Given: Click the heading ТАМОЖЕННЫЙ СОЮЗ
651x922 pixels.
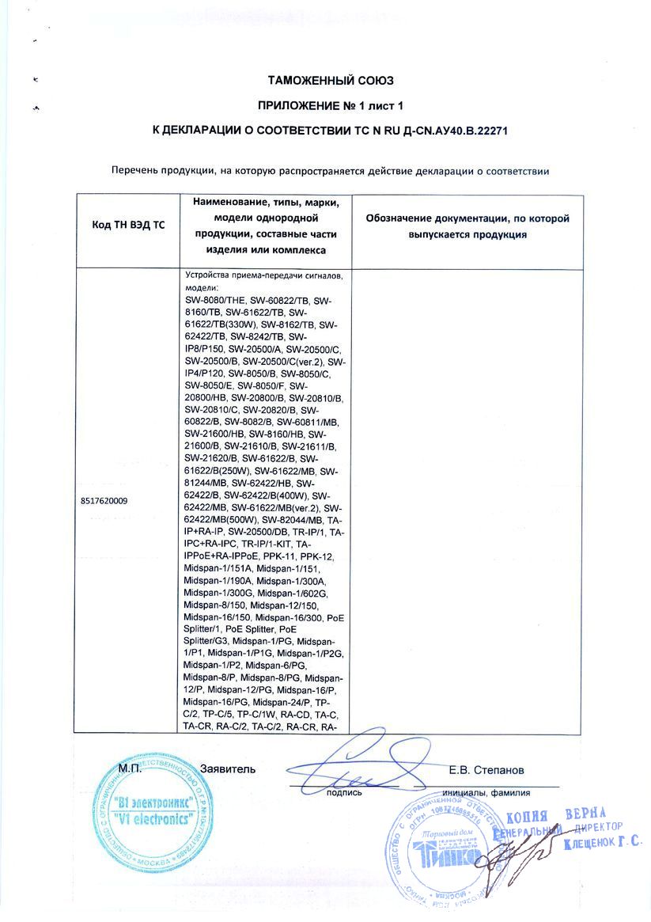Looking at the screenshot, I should (x=331, y=81).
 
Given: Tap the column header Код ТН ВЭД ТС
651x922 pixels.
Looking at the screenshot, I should (x=128, y=225).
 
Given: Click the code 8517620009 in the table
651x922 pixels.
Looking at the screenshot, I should (x=104, y=501).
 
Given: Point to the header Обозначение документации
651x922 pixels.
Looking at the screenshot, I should (x=467, y=218).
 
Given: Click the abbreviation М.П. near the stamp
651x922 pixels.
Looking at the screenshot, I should (x=131, y=769).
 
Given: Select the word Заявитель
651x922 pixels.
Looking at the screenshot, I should (x=229, y=769).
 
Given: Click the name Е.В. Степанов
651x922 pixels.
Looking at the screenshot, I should (x=485, y=769).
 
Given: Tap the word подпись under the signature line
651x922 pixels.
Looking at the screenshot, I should (x=344, y=791).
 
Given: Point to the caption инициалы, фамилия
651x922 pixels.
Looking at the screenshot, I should (x=486, y=791).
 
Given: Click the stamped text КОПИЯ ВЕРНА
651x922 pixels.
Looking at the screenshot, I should (x=555, y=816).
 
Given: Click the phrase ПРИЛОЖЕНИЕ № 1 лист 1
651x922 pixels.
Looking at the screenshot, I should (x=331, y=104).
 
